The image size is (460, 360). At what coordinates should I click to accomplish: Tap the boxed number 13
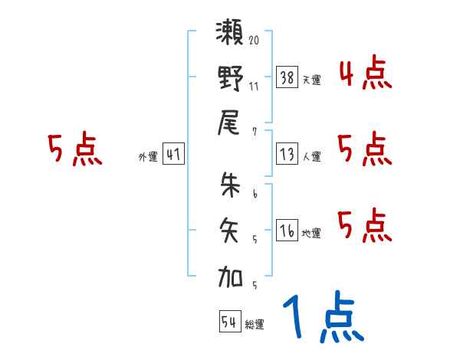287,153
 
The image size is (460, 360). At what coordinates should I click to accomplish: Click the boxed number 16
287,230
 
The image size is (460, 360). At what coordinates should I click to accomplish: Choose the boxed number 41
173,154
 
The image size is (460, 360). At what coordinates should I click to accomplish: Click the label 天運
311,80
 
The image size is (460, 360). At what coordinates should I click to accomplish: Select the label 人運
311,157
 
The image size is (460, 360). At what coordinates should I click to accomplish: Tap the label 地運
311,234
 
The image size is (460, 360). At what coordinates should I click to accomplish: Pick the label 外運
148,157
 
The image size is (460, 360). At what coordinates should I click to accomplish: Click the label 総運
255,325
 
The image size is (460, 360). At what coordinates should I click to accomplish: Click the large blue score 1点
322,318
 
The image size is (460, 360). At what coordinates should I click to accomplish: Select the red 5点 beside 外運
74,150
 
